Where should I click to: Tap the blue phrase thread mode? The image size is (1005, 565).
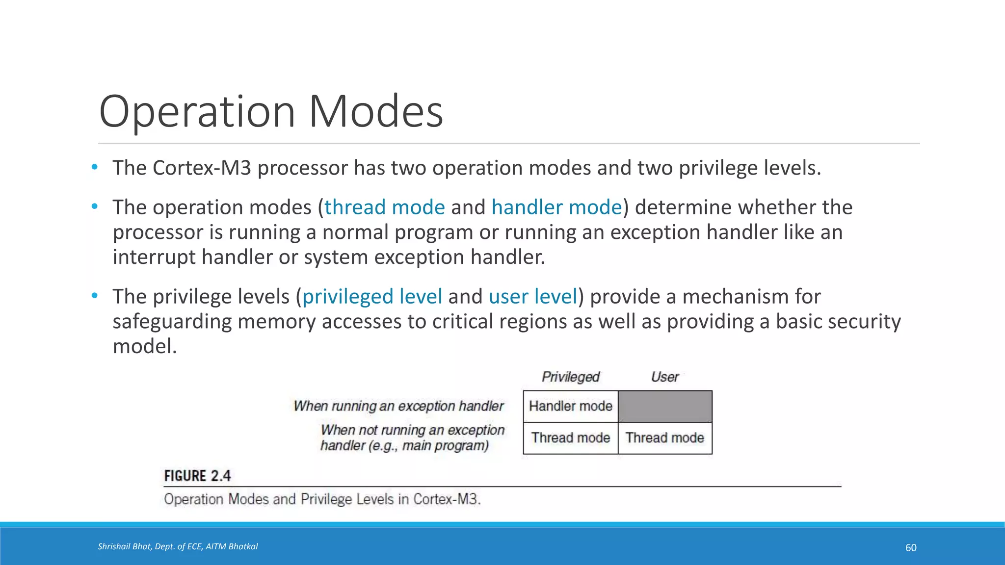coord(384,207)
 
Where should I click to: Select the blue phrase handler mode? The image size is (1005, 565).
coord(556,207)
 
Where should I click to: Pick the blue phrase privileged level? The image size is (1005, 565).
coord(372,297)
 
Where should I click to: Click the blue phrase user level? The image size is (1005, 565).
coord(533,297)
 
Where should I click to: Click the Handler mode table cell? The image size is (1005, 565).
coord(570,406)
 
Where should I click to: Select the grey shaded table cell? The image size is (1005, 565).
coord(665,406)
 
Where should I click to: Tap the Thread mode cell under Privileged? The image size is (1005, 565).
coord(570,437)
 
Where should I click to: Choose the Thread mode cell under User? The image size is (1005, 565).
coord(665,437)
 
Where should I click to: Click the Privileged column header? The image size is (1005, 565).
coord(570,377)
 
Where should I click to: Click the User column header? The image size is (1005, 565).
coord(664,377)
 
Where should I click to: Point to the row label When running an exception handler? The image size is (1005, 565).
coord(398,406)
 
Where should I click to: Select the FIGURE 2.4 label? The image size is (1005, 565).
coord(197,476)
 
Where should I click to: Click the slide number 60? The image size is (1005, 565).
coord(911,548)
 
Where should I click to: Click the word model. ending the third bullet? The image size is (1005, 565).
coord(144,347)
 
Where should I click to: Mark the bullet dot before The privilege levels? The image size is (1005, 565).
coord(95,296)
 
